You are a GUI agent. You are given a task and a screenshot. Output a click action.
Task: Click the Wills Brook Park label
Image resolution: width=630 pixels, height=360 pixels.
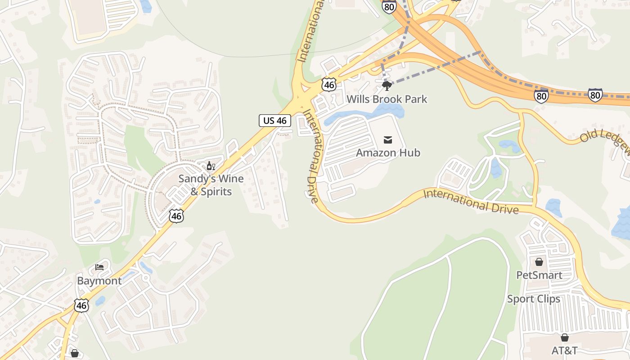(387, 99)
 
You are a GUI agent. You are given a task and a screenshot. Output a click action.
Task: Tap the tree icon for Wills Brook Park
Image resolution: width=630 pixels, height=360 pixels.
(386, 85)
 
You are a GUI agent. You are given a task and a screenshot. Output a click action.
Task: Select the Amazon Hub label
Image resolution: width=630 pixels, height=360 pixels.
(388, 153)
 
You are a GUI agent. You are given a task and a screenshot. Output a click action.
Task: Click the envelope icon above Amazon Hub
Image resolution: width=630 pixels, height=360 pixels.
(388, 140)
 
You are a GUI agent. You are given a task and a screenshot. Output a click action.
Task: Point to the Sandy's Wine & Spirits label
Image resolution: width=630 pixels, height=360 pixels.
(211, 185)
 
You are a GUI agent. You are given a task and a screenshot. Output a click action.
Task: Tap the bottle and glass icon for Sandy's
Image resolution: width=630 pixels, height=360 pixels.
(211, 166)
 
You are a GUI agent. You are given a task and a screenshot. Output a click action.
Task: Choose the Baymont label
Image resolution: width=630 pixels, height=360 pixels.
(99, 281)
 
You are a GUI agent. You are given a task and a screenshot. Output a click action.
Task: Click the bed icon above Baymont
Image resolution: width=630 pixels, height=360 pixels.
(99, 267)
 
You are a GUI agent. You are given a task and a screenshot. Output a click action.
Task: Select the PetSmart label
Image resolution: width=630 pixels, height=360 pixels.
(539, 275)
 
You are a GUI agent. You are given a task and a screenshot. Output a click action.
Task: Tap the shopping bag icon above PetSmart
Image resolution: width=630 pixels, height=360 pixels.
(539, 261)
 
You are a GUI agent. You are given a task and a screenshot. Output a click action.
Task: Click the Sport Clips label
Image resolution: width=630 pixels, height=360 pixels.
(534, 299)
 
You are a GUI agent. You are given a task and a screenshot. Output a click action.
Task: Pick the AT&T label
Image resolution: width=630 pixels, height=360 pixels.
(564, 350)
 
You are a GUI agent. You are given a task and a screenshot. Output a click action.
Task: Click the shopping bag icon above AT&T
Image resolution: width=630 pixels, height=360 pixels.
(564, 337)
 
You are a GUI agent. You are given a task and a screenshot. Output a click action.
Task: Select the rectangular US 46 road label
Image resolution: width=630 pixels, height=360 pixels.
(275, 120)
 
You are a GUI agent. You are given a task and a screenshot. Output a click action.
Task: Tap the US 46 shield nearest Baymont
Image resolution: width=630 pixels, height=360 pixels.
(81, 306)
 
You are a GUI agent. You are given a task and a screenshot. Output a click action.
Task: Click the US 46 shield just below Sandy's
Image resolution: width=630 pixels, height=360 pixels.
(176, 216)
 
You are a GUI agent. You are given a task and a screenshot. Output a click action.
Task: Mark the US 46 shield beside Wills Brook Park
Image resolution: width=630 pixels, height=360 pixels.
(329, 85)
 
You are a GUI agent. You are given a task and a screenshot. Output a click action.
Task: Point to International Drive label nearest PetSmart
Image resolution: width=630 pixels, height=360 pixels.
(471, 201)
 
